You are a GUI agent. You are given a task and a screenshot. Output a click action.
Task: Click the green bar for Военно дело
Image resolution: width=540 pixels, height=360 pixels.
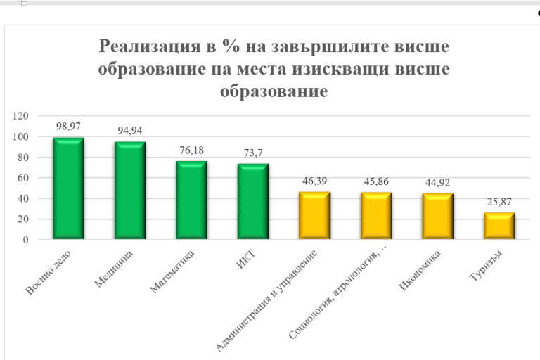pyautogui.click(x=68, y=188)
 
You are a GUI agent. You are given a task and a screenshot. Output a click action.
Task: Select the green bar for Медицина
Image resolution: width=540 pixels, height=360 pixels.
pyautogui.click(x=130, y=191)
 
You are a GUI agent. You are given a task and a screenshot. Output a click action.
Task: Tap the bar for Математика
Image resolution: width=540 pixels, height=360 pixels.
pyautogui.click(x=191, y=200)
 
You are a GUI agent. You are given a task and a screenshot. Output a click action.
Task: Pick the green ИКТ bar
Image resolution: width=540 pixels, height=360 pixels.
pyautogui.click(x=253, y=202)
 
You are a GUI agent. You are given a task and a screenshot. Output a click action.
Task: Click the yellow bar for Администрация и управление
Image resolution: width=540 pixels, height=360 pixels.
pyautogui.click(x=314, y=216)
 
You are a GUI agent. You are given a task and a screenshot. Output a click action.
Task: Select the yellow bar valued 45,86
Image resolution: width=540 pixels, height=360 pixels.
pyautogui.click(x=376, y=216)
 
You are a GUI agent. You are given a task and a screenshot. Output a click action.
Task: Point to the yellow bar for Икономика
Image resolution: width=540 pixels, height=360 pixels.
pyautogui.click(x=437, y=217)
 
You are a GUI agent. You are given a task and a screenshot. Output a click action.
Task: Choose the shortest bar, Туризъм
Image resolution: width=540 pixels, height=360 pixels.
pyautogui.click(x=499, y=226)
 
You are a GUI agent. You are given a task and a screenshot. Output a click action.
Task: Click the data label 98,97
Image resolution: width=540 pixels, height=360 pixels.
pyautogui.click(x=69, y=126)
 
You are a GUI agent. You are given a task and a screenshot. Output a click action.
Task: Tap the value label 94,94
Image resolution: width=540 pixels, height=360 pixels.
pyautogui.click(x=130, y=130)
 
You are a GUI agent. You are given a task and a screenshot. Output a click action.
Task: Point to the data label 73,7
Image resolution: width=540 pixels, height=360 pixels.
pyautogui.click(x=253, y=152)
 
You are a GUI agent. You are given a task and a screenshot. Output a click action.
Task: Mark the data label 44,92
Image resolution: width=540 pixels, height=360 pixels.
pyautogui.click(x=437, y=181)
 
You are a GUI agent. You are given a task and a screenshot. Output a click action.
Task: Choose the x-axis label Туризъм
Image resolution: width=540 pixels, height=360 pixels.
pyautogui.click(x=485, y=266)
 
